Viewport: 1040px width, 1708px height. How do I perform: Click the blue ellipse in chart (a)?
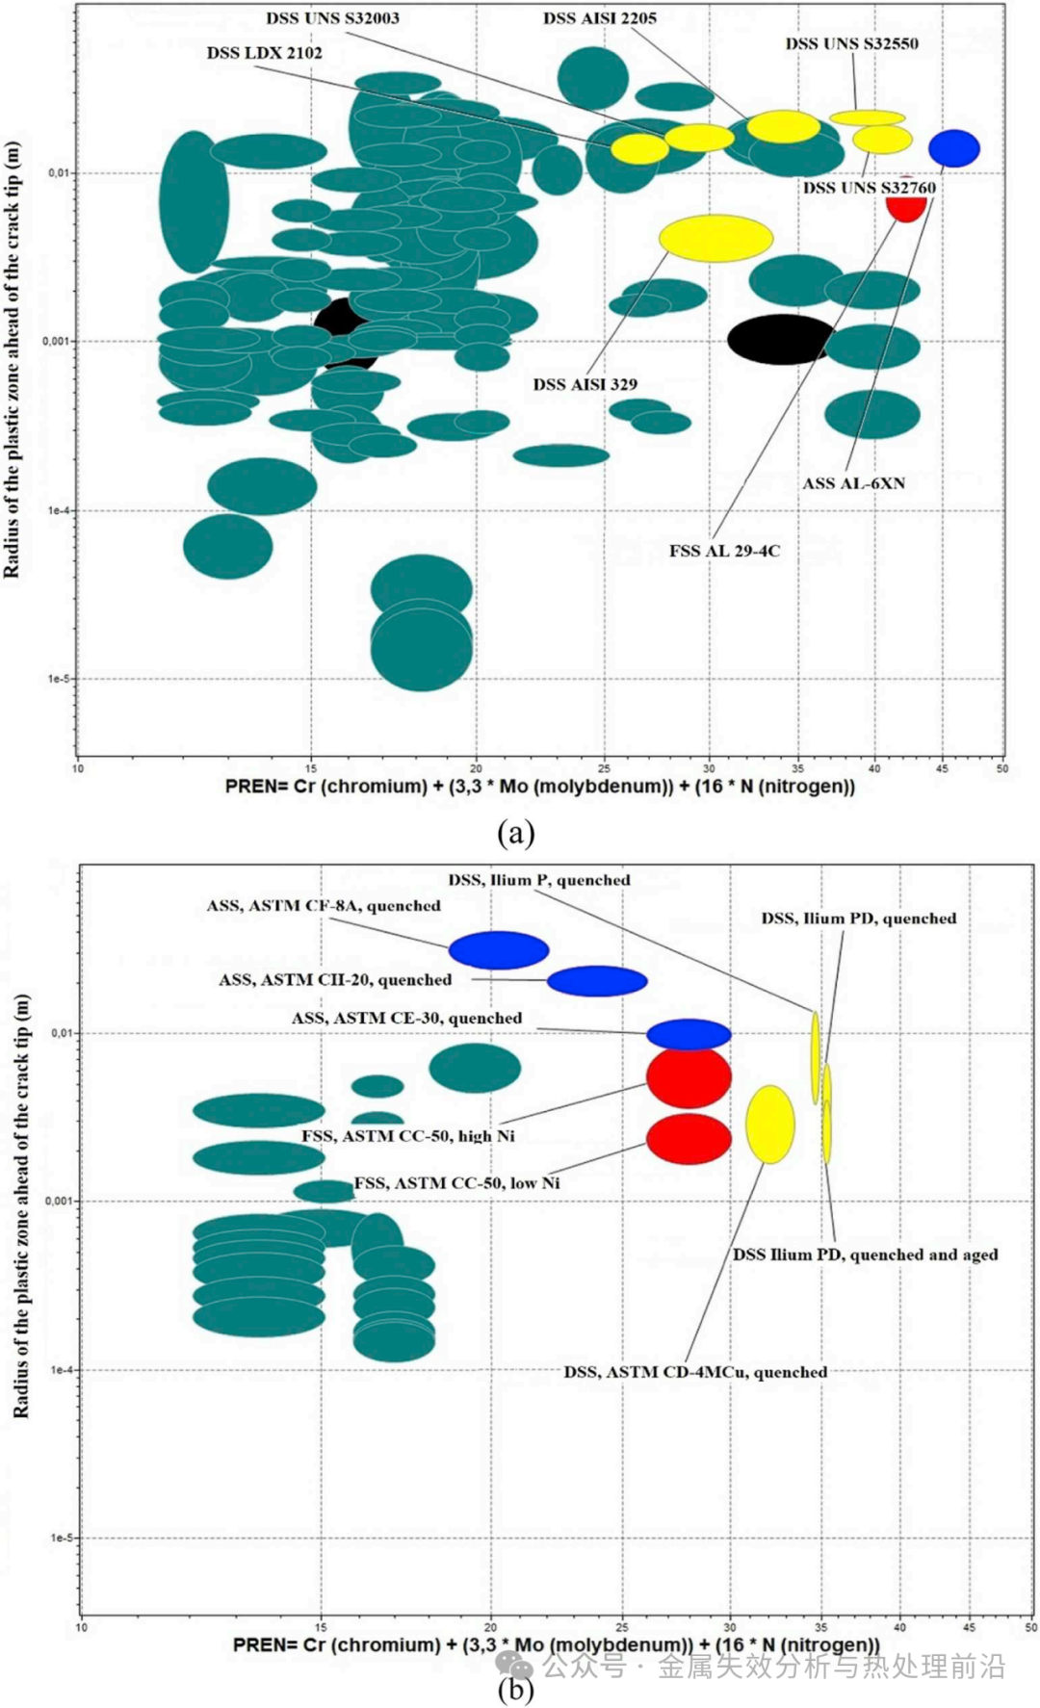click(x=954, y=148)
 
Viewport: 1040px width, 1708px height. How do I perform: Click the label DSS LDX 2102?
click(x=264, y=53)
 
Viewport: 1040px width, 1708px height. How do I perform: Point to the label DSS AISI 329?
click(x=585, y=384)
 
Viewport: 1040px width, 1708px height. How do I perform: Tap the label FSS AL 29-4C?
click(x=724, y=551)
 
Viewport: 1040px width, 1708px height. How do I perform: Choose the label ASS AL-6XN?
click(x=853, y=483)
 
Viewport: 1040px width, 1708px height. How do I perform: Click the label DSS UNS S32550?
click(x=851, y=43)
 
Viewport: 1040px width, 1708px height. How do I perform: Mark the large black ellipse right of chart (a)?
click(x=781, y=339)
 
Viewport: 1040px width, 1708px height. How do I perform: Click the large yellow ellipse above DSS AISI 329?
click(x=715, y=238)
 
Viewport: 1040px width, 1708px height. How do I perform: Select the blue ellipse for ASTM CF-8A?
click(x=499, y=950)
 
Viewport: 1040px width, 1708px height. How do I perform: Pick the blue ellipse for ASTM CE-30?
click(x=689, y=1035)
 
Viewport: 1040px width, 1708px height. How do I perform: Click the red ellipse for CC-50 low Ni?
click(x=689, y=1139)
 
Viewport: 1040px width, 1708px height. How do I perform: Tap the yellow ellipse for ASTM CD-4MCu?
click(x=770, y=1124)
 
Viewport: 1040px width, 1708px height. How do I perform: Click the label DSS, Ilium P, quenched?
click(x=539, y=880)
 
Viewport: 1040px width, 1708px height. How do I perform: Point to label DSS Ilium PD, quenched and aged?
click(x=865, y=1255)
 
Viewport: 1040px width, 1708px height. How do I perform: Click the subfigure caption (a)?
click(x=516, y=833)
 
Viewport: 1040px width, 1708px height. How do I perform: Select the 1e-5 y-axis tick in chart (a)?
click(x=59, y=679)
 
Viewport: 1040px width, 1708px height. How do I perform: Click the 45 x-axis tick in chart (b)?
click(x=969, y=1627)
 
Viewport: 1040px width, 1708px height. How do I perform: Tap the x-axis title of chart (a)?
click(x=540, y=787)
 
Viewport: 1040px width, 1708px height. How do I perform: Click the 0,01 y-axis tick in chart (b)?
click(x=62, y=1033)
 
